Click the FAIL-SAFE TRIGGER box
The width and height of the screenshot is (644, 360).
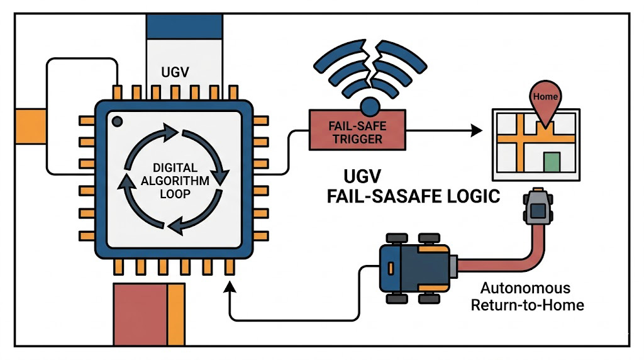[357, 131]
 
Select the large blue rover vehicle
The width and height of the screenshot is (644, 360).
[416, 268]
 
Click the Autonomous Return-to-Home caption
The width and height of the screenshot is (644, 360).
[526, 297]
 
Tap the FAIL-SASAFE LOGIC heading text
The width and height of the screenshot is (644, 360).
[413, 196]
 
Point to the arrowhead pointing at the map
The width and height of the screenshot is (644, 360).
[477, 131]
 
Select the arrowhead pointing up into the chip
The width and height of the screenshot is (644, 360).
[229, 287]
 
